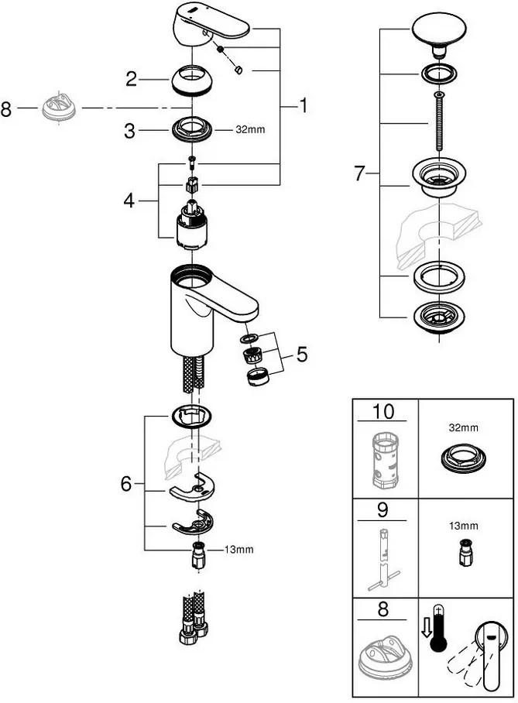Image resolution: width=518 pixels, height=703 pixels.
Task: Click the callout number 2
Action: tap(131, 79)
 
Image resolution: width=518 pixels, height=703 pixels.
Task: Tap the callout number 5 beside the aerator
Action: tap(302, 355)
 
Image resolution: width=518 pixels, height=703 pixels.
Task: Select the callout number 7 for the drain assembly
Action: tap(360, 173)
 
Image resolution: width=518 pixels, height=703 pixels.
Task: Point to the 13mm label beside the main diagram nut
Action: tap(238, 549)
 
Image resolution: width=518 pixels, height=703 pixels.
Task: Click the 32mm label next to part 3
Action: tap(250, 129)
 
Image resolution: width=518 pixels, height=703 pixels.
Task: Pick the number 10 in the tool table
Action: tap(383, 411)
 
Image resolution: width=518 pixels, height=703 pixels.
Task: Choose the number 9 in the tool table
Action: tap(382, 510)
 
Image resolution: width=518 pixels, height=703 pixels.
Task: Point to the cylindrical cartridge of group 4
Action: tap(191, 225)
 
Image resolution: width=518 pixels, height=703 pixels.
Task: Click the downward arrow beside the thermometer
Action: tap(426, 628)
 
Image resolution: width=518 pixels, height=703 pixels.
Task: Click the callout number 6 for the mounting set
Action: tap(126, 484)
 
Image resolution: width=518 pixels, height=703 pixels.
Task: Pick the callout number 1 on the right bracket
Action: tap(304, 106)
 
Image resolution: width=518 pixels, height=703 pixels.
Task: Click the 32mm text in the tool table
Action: tap(463, 427)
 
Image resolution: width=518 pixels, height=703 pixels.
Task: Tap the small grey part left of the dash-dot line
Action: tap(60, 108)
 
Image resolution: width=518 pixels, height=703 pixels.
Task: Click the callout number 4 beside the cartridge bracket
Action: tap(129, 201)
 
